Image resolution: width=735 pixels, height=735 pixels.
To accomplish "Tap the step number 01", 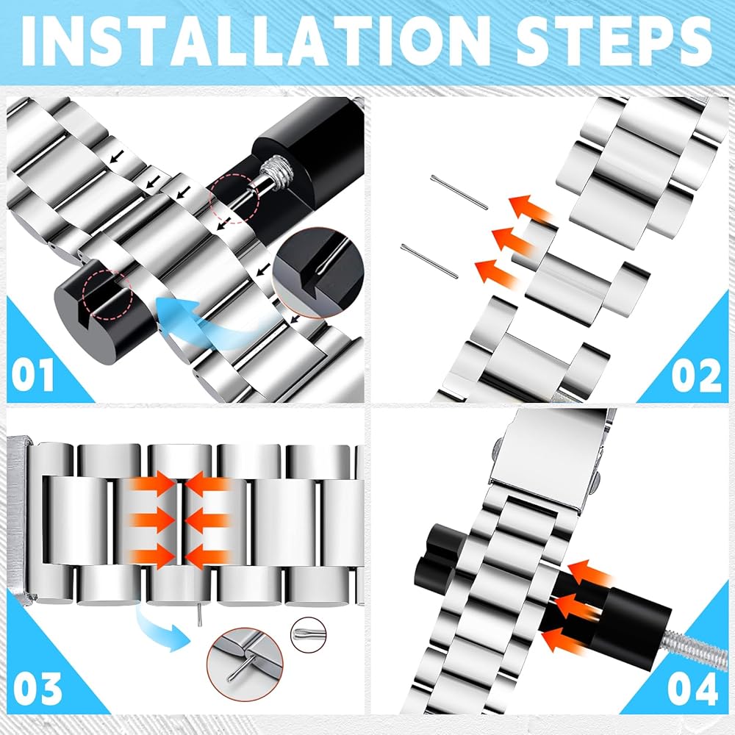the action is click(33, 376).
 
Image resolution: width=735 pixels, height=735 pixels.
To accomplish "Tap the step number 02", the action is click(696, 376).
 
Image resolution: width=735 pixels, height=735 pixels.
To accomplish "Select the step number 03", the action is click(37, 688).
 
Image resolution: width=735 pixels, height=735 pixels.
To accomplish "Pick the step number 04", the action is click(692, 688).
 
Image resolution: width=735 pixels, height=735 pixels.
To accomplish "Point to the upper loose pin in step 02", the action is click(459, 192).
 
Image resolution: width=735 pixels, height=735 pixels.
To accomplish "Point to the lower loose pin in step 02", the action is click(429, 261).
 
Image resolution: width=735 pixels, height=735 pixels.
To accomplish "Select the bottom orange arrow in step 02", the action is click(498, 274).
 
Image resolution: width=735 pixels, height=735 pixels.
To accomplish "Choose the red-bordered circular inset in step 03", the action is click(245, 664).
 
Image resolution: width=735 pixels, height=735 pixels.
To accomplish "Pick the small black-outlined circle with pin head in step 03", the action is click(308, 634).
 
